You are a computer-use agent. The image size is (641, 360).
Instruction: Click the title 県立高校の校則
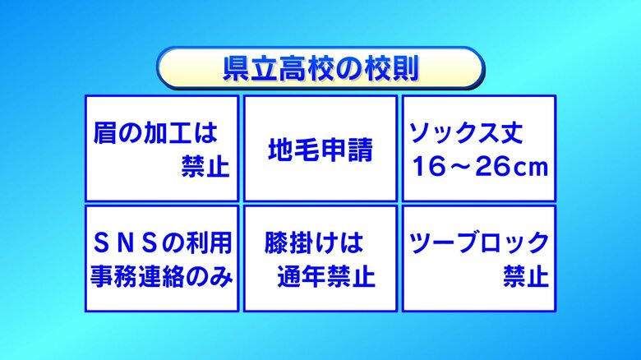tap(320, 68)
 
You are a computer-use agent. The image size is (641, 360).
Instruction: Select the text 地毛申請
tap(320, 150)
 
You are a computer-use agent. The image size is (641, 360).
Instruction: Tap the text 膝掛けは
tap(313, 243)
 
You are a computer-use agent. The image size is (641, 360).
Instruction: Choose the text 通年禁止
tap(326, 276)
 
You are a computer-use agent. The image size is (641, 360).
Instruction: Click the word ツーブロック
tap(479, 243)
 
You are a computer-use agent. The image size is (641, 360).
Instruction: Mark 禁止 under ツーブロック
tap(526, 276)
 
